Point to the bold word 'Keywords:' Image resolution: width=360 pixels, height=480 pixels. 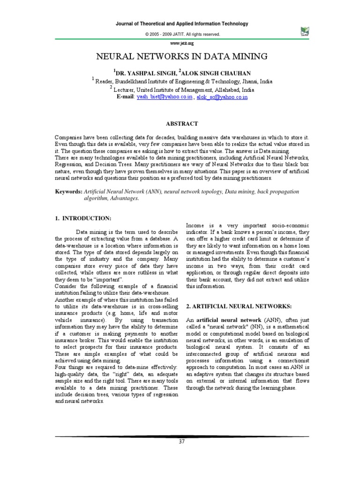click(x=69, y=192)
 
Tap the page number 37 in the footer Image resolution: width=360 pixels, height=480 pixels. click(x=183, y=442)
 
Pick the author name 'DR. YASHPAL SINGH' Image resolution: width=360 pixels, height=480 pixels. click(x=143, y=73)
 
